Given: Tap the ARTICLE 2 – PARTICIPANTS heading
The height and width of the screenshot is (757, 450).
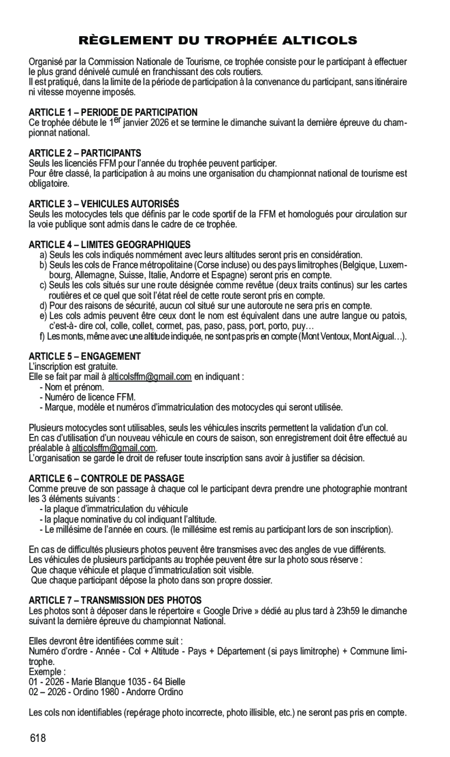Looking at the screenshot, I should point(85,153).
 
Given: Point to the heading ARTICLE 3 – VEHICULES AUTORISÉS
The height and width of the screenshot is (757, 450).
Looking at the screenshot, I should point(104,204).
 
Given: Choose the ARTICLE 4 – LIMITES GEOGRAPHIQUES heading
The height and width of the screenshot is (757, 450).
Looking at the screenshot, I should point(109,245).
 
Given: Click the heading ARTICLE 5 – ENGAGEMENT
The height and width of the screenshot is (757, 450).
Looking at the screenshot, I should point(85,356).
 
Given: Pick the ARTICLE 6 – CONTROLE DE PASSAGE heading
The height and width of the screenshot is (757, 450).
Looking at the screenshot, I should point(107,478).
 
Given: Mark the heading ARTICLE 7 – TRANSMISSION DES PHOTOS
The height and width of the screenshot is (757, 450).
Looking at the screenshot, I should point(115,600).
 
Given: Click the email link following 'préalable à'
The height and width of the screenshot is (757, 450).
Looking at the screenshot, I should point(114,448).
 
